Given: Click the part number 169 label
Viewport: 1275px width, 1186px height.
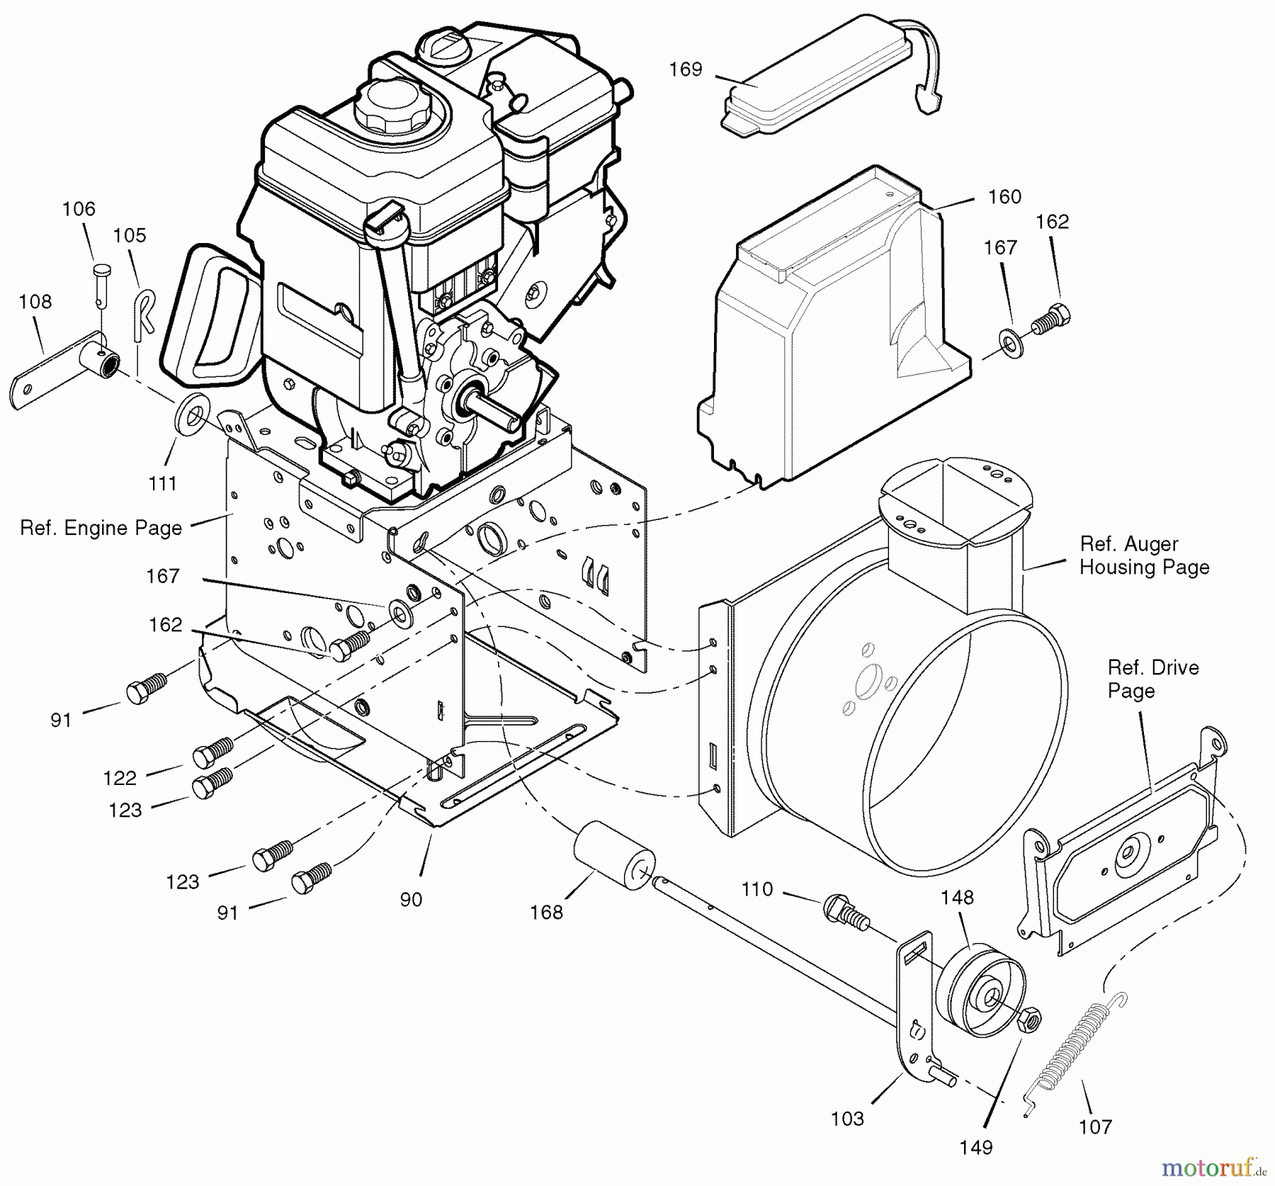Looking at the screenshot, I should click(x=685, y=69).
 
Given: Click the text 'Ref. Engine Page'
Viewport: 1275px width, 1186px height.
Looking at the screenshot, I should click(x=101, y=529).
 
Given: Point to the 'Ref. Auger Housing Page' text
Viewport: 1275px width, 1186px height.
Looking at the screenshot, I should click(x=1144, y=555).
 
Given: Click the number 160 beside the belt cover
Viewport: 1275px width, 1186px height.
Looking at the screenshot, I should click(x=1004, y=197).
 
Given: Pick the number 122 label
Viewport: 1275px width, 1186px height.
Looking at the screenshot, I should click(x=119, y=778).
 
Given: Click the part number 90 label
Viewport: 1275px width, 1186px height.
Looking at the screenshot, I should click(x=411, y=899).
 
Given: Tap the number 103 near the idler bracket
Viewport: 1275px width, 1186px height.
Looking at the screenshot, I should click(x=847, y=1119).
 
